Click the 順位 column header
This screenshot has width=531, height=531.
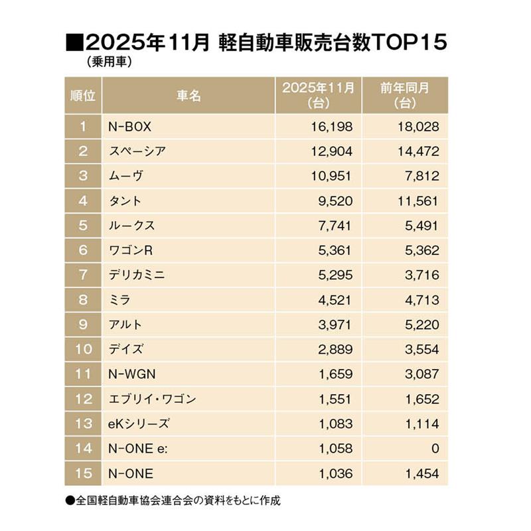tap(83, 96)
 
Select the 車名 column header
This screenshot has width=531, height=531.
tap(189, 96)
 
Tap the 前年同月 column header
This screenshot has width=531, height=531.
tap(405, 96)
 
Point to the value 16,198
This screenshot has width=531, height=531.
tap(331, 126)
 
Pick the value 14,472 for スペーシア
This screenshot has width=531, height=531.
tap(417, 151)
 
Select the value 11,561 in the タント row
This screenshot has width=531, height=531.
tap(417, 200)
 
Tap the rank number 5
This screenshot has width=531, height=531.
tap(83, 226)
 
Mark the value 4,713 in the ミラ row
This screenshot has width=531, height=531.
tap(421, 300)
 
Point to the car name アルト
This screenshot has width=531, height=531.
tap(125, 325)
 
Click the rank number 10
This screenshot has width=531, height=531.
tap(83, 349)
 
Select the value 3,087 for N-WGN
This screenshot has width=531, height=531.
tap(421, 374)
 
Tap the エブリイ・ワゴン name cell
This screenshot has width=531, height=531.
tap(152, 399)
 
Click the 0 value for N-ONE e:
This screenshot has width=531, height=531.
tap(435, 449)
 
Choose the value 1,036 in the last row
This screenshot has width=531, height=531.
tap(335, 473)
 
